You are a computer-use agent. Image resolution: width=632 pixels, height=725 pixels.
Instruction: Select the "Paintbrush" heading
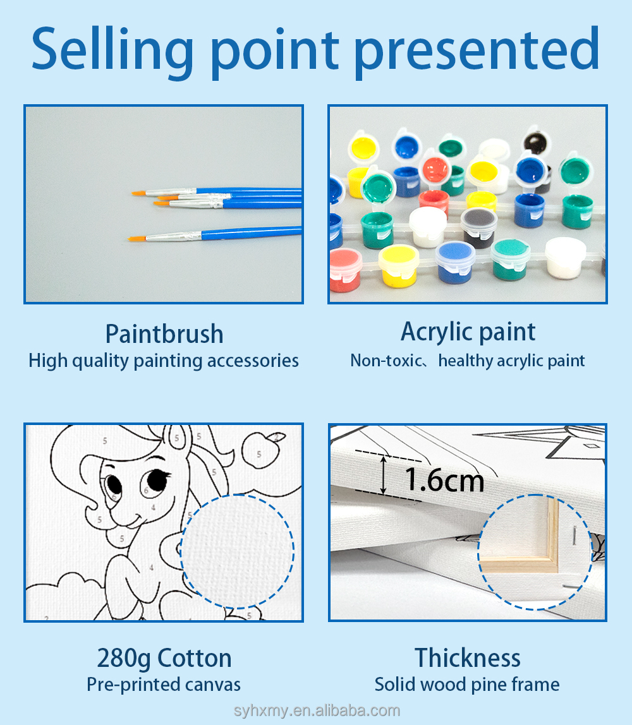[164, 335]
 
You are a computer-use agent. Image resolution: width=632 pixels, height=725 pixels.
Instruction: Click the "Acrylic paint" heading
[468, 333]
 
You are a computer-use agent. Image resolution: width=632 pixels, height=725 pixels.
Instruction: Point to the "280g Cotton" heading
[164, 659]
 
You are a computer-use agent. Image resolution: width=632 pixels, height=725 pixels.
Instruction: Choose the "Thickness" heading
[467, 658]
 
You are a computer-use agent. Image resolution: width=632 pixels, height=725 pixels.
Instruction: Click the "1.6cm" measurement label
[444, 480]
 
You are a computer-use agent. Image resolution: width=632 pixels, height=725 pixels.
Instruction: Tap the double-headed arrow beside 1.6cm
[383, 475]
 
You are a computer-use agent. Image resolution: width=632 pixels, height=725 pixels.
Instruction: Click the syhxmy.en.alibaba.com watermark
[317, 710]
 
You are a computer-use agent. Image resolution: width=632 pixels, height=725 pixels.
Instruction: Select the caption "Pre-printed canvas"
[164, 685]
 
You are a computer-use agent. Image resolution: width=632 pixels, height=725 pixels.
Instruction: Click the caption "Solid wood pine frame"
[467, 685]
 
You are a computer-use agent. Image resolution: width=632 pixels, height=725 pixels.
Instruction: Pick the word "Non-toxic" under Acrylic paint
[386, 361]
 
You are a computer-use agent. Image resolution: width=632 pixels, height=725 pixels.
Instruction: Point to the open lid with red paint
[434, 169]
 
